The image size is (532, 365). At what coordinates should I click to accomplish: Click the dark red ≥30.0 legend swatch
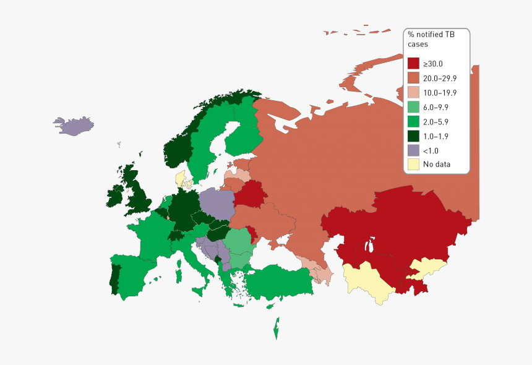[x=413, y=63]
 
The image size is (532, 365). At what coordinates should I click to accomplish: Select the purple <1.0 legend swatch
[x=413, y=150]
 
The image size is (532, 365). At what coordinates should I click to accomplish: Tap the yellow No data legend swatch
[x=413, y=164]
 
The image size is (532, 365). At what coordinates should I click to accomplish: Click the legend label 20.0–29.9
[x=440, y=78]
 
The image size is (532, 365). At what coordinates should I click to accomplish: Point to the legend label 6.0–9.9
[x=435, y=107]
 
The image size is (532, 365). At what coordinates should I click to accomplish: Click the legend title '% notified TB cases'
[x=431, y=40]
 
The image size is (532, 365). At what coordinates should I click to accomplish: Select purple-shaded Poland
[x=217, y=204]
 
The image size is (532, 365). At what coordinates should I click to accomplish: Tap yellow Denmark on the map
[x=181, y=179]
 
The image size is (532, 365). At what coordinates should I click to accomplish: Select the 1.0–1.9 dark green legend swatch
[x=413, y=135]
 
